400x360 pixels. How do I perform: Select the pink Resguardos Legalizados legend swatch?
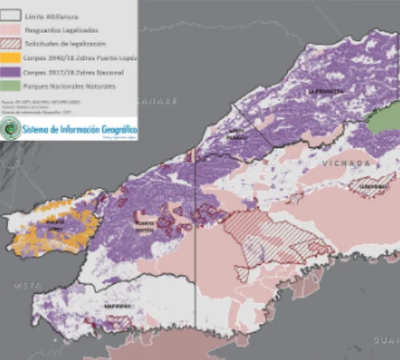click(12, 30)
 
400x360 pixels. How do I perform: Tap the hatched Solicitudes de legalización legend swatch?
click(12, 43)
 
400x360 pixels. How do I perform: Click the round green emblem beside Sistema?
click(10, 130)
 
